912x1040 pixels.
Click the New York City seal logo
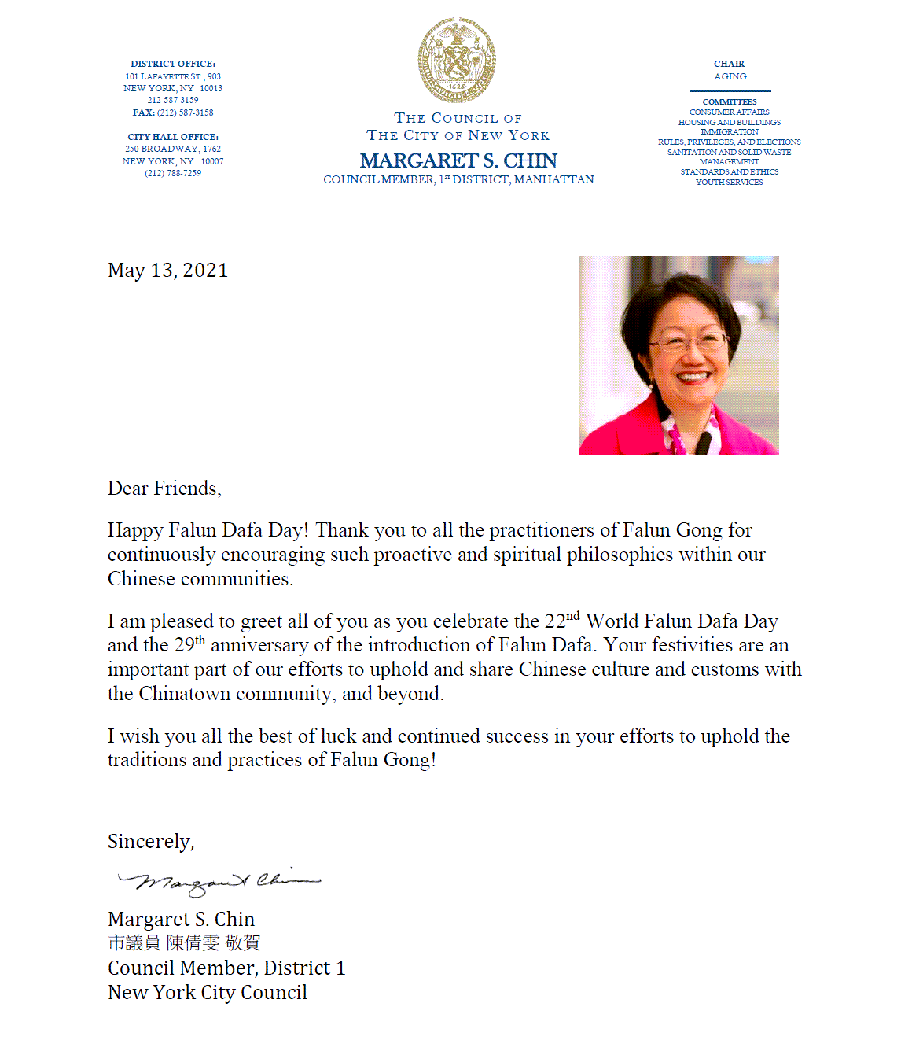(x=457, y=60)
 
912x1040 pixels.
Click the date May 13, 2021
(x=167, y=271)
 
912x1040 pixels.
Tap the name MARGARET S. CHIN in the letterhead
(x=458, y=160)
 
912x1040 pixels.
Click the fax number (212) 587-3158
(x=185, y=112)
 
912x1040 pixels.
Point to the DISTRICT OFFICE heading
(x=173, y=64)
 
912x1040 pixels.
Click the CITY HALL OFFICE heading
(x=173, y=137)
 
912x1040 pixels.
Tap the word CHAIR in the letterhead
(x=729, y=64)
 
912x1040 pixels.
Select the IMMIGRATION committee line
(x=729, y=132)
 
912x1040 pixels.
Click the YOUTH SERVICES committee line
(x=729, y=182)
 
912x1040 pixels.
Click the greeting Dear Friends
(x=164, y=489)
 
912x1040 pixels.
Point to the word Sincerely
(x=150, y=842)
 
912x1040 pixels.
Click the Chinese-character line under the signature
(x=184, y=942)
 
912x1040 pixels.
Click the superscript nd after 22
(x=572, y=615)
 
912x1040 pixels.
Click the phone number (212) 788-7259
(x=173, y=173)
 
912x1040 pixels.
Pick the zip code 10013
(x=211, y=88)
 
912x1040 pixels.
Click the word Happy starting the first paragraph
(x=135, y=530)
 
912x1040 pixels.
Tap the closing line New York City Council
(x=208, y=993)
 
